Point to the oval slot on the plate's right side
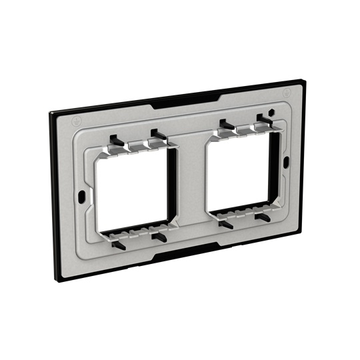[286, 161]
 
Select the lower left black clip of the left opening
[120, 241]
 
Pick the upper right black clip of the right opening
[262, 119]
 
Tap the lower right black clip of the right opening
[263, 217]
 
